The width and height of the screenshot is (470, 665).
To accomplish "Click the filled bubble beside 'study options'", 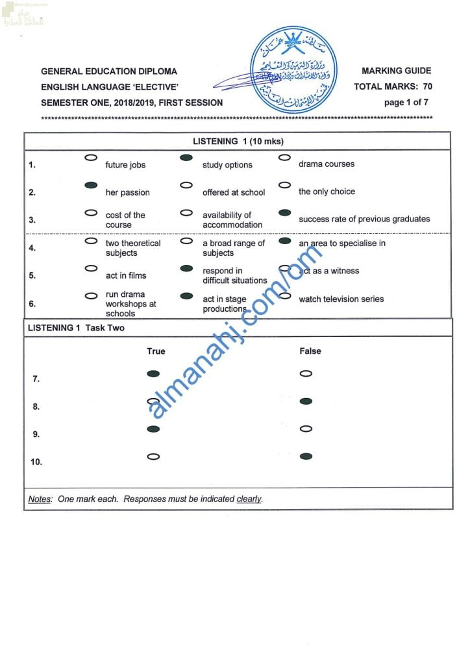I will tap(186, 158).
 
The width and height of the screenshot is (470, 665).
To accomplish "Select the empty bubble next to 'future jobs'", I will tap(92, 158).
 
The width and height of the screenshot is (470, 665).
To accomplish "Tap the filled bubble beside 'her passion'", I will tap(92, 185).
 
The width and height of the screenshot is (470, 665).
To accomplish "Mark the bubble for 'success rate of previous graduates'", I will tap(284, 212).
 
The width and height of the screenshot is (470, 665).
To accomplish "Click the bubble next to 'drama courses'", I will tap(284, 157).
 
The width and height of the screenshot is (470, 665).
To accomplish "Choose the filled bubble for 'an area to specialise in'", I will tap(284, 241).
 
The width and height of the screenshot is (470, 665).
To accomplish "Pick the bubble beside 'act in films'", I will tap(92, 268).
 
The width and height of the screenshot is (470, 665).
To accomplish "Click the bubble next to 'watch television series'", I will tap(284, 295).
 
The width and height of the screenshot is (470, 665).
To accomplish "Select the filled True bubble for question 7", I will tap(153, 373).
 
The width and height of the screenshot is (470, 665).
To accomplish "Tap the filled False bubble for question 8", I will tap(306, 401).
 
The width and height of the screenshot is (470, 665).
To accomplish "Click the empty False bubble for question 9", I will tap(306, 429).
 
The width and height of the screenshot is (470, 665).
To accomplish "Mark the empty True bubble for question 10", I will tap(153, 457).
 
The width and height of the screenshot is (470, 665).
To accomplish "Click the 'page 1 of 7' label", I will tap(406, 102).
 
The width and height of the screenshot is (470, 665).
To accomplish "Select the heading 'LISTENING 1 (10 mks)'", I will tap(238, 141).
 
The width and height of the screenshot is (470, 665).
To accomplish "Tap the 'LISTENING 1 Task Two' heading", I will tap(76, 328).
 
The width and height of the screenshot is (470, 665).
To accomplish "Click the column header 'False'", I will tap(310, 351).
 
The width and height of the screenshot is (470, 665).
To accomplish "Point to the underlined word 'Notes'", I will tap(40, 499).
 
